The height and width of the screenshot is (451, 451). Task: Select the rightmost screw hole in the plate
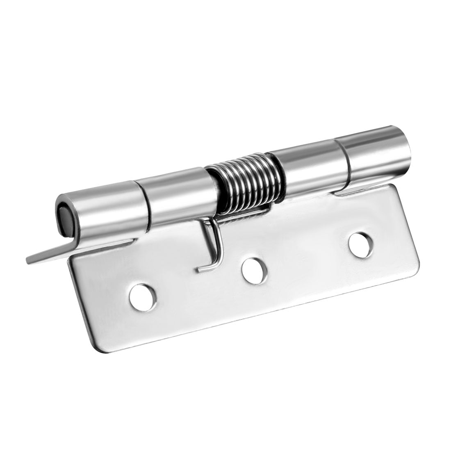pyautogui.click(x=359, y=242)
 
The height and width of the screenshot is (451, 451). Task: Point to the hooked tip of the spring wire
pyautogui.click(x=200, y=269)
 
